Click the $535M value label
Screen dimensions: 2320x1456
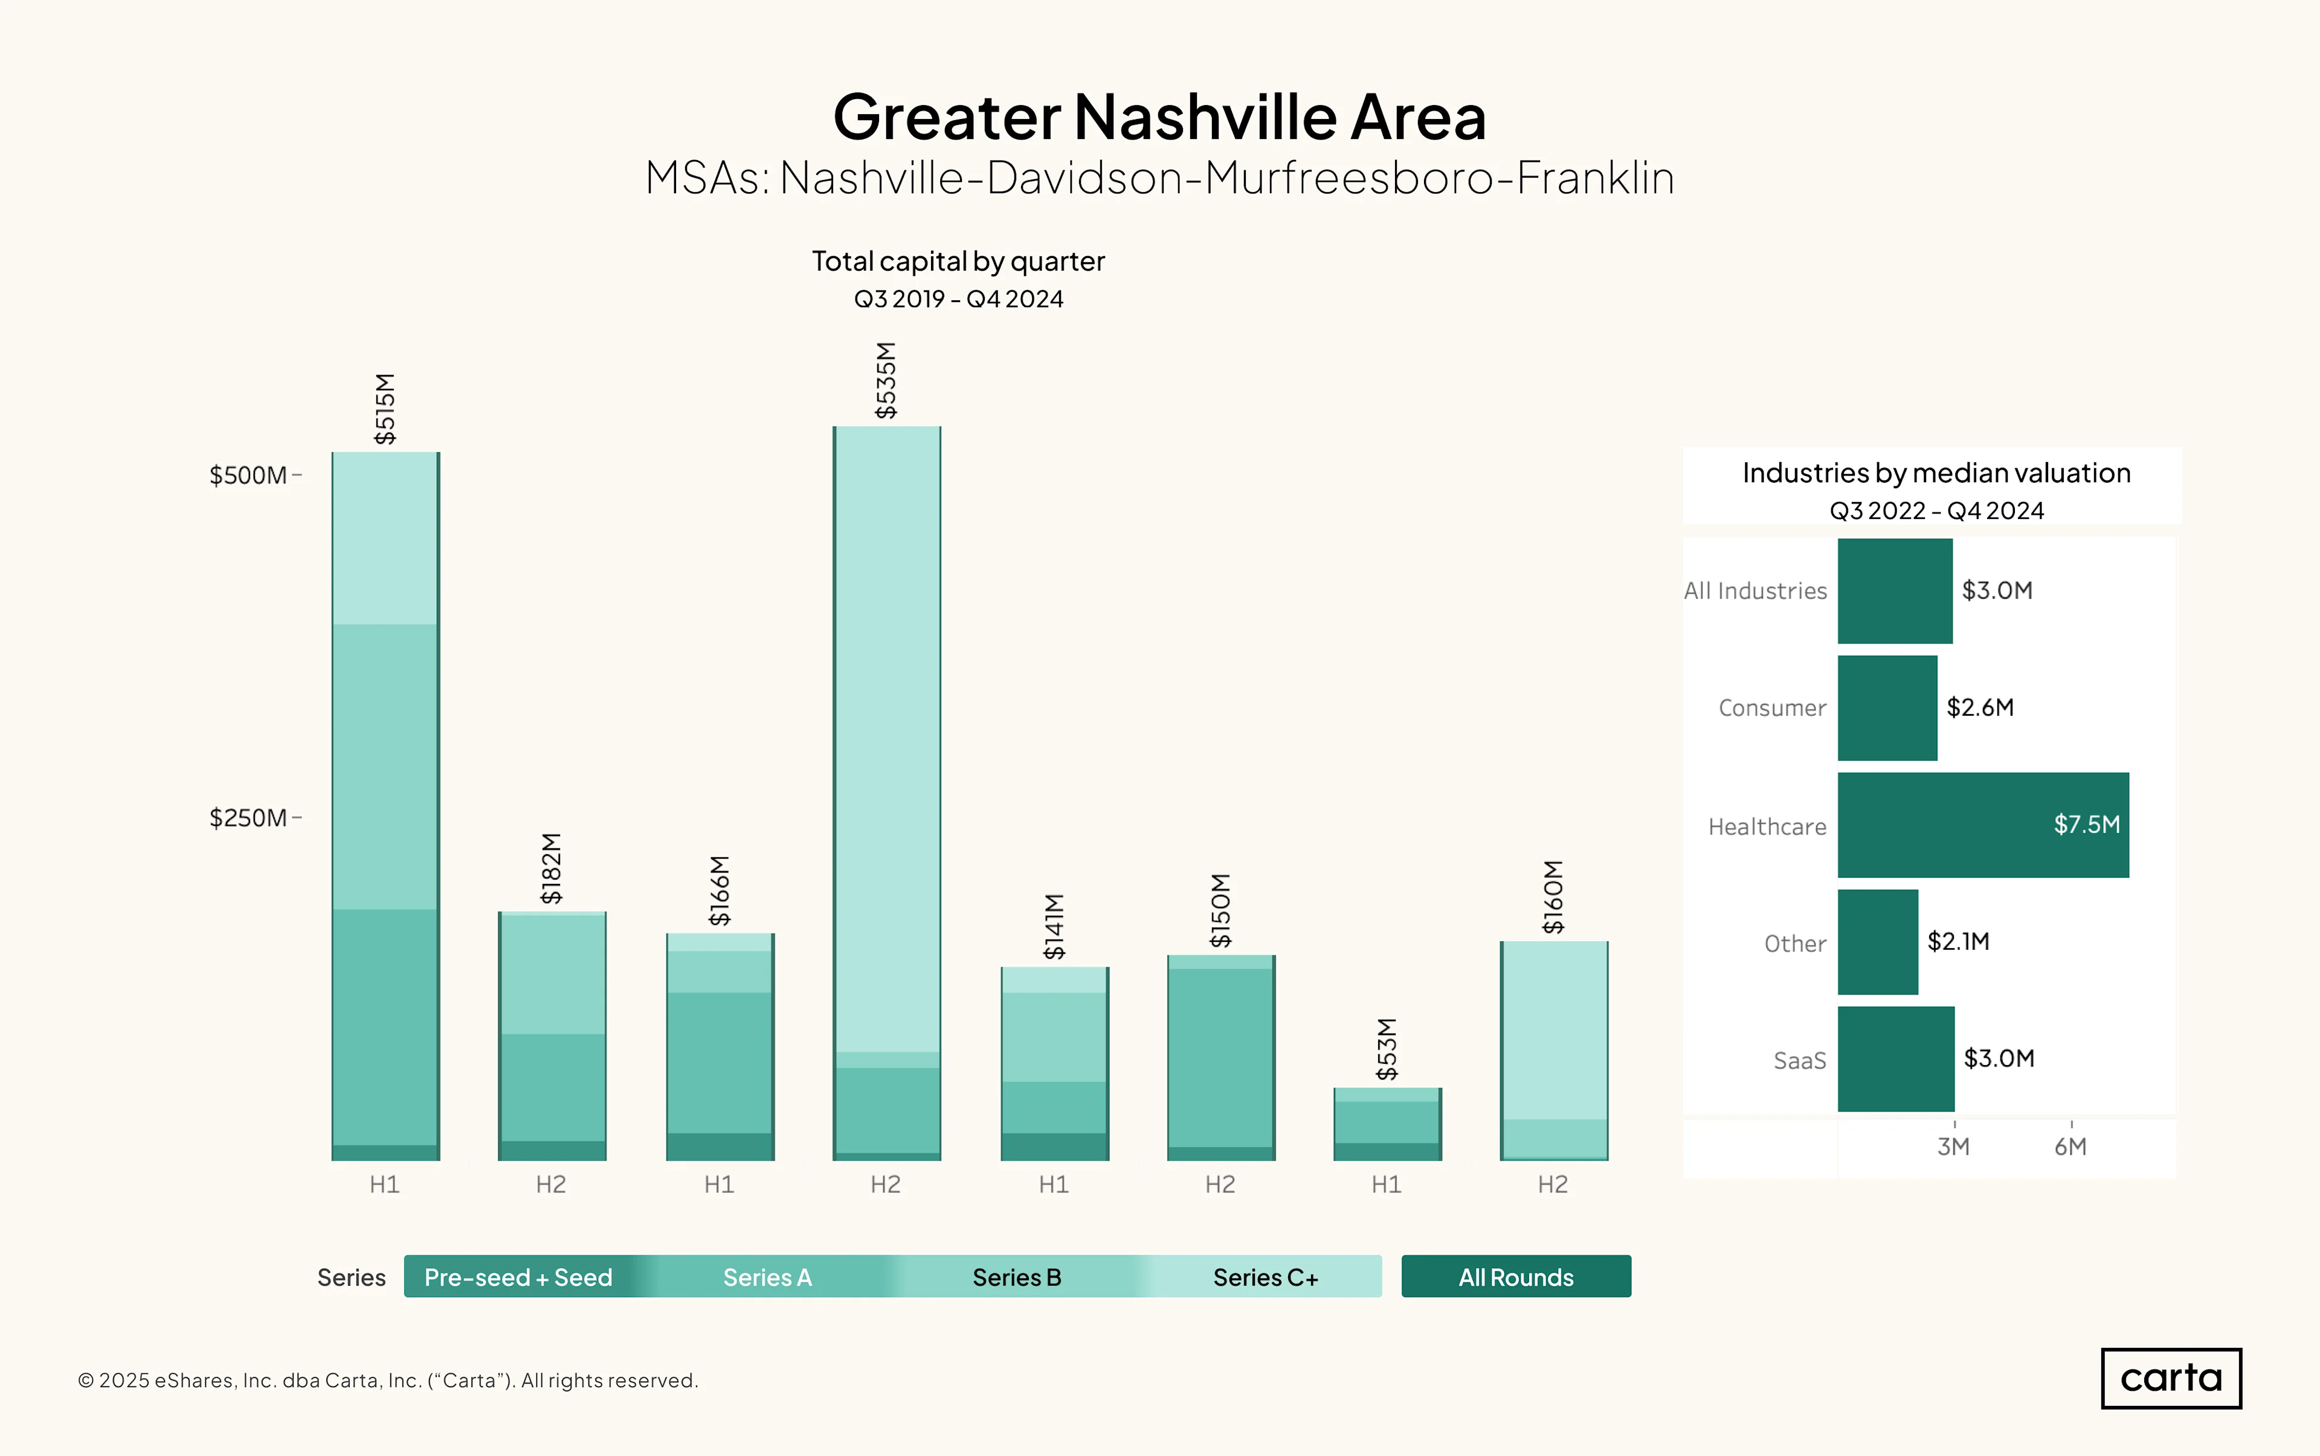click(886, 381)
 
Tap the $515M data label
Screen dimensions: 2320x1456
click(385, 408)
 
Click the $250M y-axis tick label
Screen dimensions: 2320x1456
click(248, 817)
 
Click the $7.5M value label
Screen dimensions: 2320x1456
click(2087, 824)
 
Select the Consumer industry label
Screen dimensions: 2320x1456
click(1772, 708)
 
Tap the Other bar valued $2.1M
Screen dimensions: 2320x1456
click(1878, 942)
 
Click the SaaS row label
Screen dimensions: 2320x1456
click(1800, 1060)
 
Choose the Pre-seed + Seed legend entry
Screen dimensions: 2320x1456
click(518, 1277)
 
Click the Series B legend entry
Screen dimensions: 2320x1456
click(1017, 1277)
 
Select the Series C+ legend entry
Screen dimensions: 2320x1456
click(1266, 1277)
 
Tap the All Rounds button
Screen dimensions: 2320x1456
click(1516, 1277)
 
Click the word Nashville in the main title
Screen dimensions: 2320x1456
click(1205, 117)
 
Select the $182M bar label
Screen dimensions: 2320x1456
click(551, 869)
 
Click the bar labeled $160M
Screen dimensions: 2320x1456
click(1553, 1051)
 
